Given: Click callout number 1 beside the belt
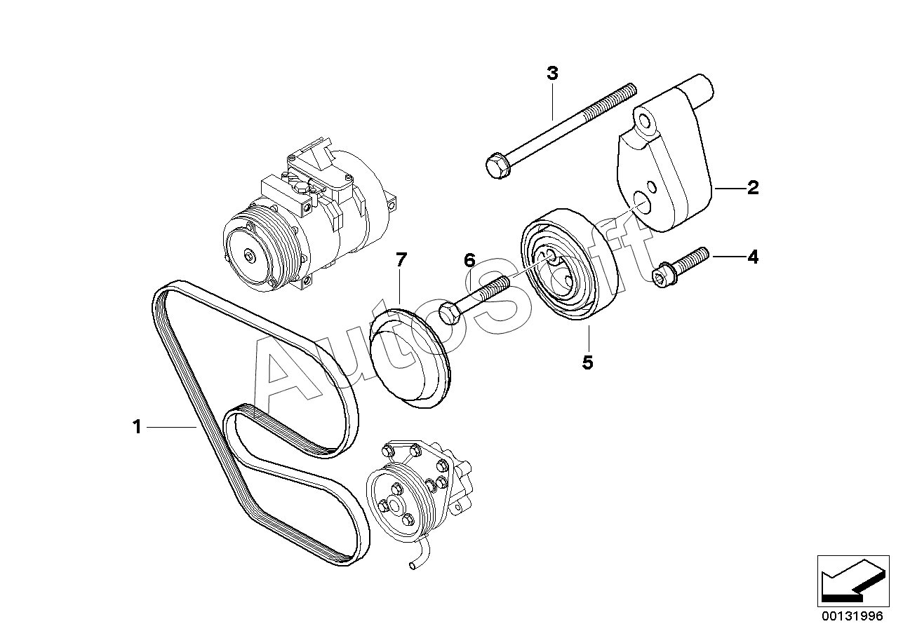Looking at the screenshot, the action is (x=137, y=427).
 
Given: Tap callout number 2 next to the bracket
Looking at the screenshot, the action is (x=753, y=188).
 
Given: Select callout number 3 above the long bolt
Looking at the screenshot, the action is (x=552, y=74).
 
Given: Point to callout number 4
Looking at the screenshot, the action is (x=753, y=257).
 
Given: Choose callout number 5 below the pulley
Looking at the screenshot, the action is (x=588, y=362).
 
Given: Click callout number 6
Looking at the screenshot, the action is (x=469, y=261).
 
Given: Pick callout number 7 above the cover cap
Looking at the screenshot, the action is (x=401, y=260).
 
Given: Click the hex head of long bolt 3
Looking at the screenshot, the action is (x=498, y=167).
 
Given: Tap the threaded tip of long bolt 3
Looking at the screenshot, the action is (x=631, y=90).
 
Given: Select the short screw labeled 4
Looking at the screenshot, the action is (x=680, y=267).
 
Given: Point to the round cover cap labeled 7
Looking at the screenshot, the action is (x=410, y=358).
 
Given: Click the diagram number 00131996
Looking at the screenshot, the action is (x=853, y=616).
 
